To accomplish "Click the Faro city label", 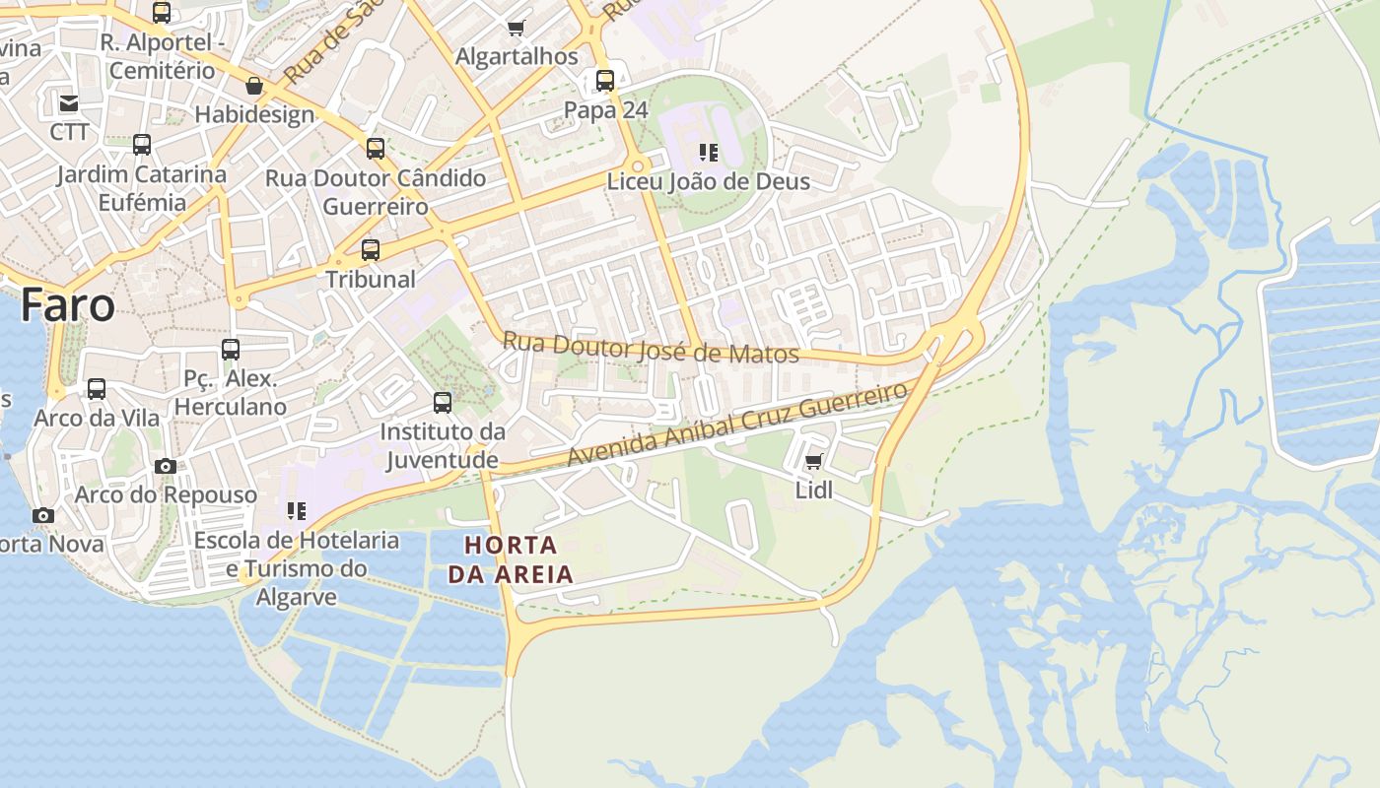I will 67,305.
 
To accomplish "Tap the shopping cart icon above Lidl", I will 814,461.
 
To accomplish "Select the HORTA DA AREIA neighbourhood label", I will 511,559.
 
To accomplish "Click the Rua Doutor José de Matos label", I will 651,348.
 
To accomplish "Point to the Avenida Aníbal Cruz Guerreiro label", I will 737,426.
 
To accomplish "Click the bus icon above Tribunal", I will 371,250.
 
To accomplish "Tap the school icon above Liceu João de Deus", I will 708,153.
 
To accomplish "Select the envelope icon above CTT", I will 69,103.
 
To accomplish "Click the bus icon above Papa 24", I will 605,81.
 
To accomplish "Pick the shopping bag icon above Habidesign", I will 254,87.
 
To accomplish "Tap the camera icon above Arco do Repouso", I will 166,467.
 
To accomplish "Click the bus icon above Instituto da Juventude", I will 443,403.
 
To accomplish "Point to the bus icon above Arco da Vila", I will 97,389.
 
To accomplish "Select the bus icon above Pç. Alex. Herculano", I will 231,350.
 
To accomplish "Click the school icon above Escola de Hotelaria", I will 297,511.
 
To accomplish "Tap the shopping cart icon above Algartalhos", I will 517,28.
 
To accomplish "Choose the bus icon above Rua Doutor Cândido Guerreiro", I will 376,149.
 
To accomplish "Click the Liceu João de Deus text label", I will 708,182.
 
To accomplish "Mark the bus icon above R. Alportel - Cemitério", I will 162,13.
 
